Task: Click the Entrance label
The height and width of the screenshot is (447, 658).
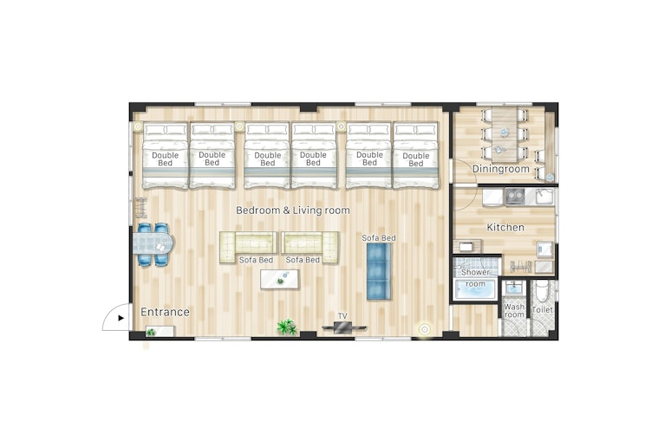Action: (165, 312)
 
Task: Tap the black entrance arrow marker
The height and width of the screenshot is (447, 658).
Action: (121, 318)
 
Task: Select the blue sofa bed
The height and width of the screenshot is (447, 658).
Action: (379, 271)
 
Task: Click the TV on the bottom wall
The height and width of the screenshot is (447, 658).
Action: (344, 328)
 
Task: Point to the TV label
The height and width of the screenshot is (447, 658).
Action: (342, 315)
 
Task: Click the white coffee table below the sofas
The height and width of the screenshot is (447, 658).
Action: (279, 279)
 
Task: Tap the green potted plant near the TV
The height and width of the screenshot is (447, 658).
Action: (287, 327)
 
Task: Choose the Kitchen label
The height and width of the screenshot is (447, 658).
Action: (505, 227)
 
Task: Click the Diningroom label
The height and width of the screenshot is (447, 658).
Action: (500, 169)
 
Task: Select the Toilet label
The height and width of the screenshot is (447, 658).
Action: (542, 310)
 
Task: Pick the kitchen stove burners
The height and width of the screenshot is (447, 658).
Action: (514, 197)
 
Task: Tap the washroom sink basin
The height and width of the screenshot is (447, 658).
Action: (513, 288)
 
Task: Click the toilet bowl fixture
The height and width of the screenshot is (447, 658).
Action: (542, 290)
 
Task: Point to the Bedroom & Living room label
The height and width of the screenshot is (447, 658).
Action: (293, 211)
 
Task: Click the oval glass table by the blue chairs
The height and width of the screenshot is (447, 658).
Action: (153, 244)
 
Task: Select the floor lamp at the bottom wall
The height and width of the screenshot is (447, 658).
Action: (425, 329)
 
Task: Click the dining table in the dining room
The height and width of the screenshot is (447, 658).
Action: (505, 135)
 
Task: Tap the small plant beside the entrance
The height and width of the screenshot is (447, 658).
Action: (150, 332)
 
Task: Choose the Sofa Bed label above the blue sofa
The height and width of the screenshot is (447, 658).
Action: (379, 237)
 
